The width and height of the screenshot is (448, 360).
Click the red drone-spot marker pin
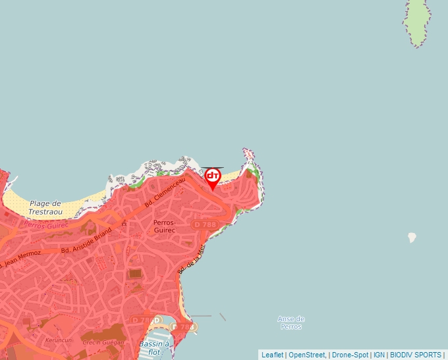(212, 177)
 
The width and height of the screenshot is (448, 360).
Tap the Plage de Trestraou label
(45, 208)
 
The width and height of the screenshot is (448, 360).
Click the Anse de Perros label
(291, 322)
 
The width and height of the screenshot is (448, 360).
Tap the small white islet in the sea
(412, 237)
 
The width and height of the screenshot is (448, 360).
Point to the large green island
(418, 23)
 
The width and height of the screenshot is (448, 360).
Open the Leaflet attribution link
(272, 355)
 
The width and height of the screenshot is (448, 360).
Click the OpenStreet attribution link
(306, 355)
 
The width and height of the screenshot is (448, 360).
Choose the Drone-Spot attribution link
(350, 355)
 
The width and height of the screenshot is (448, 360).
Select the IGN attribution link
(379, 355)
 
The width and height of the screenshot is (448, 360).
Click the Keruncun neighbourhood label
(58, 341)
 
